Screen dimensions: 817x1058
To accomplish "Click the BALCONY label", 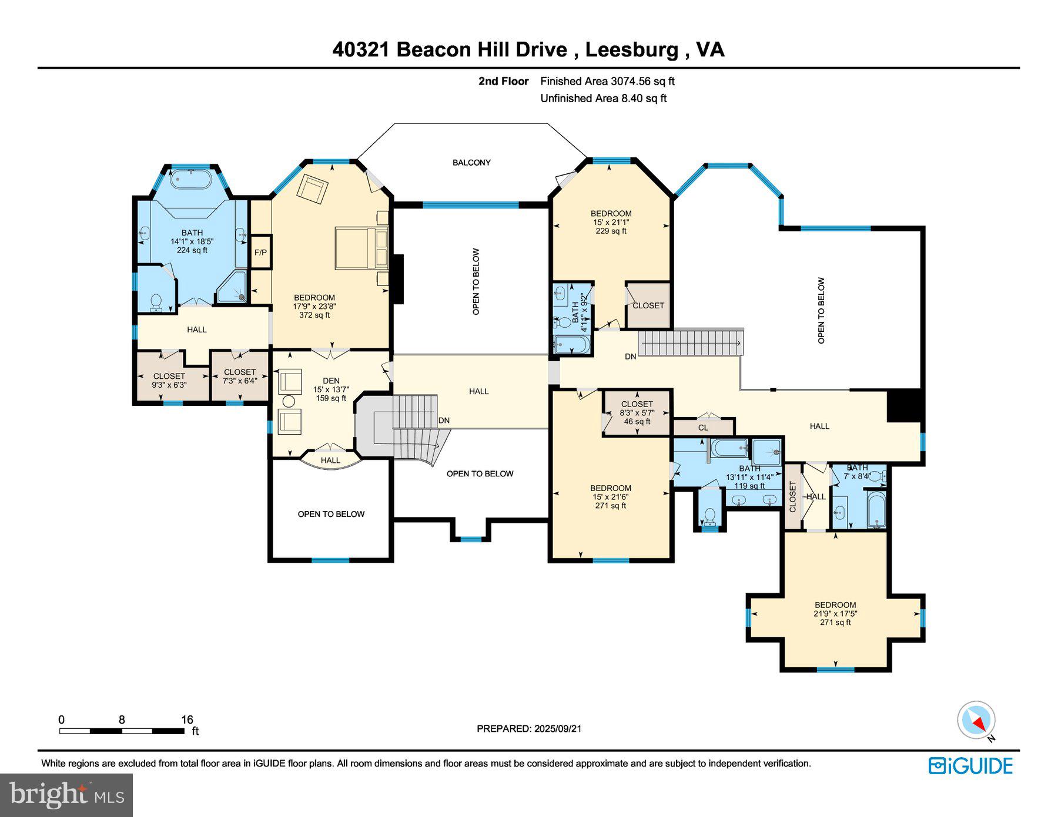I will coord(471,162).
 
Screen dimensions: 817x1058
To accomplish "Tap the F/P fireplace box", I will coord(260,252).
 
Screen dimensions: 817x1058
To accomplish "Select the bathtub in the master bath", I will coord(191,179).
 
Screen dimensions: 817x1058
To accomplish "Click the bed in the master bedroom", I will coord(361,248).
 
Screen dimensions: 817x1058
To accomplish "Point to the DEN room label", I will coord(331,381).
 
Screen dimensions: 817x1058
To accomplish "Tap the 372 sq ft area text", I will coord(314,315).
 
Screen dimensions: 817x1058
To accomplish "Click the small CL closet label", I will coord(703,428).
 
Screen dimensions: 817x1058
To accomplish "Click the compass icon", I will coord(976,720).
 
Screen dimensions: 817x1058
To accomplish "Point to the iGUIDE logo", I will coord(970,766).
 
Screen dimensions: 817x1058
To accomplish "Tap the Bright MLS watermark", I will coord(66,795).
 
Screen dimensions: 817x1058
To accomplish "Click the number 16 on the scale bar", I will coord(187,720).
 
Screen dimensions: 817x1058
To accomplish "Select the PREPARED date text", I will coord(529,728).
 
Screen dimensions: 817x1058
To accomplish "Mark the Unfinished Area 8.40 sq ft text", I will coord(603,98).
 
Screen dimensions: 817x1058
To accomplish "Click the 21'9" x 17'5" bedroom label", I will coord(835,613).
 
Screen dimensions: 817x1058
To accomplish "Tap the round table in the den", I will coord(289,402).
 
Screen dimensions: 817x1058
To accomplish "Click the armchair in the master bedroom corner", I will coord(312,189).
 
